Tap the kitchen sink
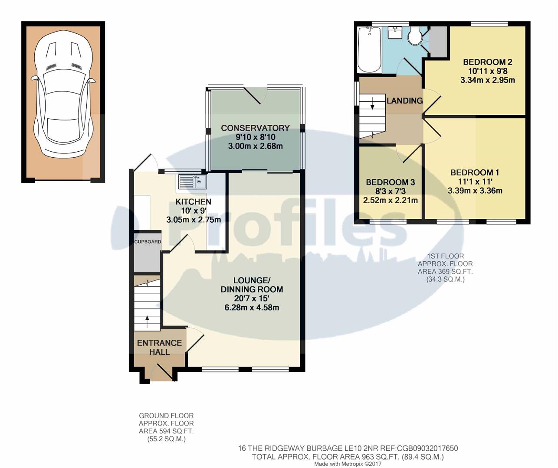coord(191,182)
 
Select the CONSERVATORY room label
coord(255,128)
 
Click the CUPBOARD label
coord(148,242)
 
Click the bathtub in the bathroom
coord(369,50)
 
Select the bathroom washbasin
coord(395,33)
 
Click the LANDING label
coord(404,101)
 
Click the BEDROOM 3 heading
coord(390,182)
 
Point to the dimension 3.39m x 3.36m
coord(475,191)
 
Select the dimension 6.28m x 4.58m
coord(252,308)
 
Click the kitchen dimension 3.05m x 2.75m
coord(194,220)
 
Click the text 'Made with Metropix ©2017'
coord(348,464)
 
